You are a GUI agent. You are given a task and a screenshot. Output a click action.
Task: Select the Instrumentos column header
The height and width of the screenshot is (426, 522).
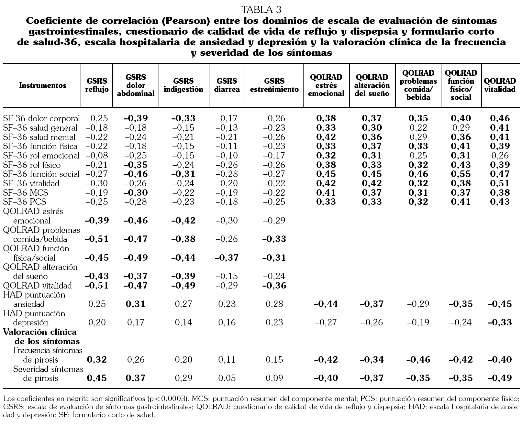43,85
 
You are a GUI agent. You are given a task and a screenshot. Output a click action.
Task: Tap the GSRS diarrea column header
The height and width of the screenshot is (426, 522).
227,85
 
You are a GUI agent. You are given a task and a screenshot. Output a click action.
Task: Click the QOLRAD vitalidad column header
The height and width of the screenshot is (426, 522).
500,85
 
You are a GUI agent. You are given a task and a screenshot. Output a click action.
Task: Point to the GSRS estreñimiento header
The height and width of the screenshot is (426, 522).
274,85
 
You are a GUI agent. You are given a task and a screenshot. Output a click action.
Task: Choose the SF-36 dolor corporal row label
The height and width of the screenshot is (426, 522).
41,118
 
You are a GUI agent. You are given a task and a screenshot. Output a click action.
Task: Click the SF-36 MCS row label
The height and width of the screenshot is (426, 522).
26,193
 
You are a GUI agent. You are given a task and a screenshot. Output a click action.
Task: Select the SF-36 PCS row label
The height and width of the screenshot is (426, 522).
25,202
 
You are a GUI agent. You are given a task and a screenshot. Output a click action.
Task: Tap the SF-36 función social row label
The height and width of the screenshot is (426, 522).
41,174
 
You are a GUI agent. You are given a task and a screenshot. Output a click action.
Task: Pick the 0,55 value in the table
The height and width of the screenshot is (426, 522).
461,174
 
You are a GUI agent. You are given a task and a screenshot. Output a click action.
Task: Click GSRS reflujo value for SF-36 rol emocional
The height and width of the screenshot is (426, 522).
96,156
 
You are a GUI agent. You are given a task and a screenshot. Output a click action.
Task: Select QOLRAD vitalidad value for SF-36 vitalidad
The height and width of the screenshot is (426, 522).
500,183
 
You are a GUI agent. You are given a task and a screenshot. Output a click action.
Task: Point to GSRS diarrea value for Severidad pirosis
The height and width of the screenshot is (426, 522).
227,378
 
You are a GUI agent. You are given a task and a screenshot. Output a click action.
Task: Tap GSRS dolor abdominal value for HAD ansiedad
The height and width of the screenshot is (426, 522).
135,304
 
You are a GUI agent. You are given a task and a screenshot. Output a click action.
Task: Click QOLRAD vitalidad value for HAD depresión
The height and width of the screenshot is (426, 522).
500,322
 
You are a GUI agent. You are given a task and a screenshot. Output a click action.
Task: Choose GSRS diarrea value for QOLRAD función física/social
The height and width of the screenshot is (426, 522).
227,258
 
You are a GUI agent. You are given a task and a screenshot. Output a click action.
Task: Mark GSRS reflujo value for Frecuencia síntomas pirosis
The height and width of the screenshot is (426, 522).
96,360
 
